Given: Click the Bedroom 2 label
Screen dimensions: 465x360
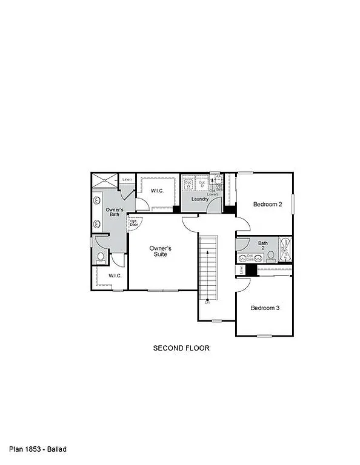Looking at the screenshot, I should (x=267, y=205).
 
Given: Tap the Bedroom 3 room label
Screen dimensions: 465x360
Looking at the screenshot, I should (x=265, y=308).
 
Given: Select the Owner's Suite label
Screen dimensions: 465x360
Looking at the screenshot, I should (x=161, y=251).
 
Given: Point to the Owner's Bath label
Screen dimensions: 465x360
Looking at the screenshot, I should (x=115, y=213).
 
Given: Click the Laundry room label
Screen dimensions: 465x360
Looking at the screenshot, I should (x=200, y=199).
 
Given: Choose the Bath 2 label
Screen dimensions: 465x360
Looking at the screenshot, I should (x=263, y=246).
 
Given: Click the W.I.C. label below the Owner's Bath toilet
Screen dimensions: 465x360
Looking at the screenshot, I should (x=115, y=276).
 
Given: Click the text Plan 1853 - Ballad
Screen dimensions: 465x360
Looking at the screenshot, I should (x=38, y=449).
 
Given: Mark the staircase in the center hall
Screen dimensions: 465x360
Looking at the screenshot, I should (x=208, y=266).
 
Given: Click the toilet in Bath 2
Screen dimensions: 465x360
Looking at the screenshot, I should (x=271, y=256).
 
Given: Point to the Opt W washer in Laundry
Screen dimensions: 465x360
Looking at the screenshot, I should (x=188, y=183).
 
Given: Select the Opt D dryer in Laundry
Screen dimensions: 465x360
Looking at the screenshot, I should (x=202, y=183).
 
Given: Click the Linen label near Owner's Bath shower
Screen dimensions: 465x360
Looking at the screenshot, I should (x=127, y=180).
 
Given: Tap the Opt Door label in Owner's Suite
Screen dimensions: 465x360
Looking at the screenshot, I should (x=134, y=222).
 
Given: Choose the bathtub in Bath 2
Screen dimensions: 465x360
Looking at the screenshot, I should (x=285, y=250).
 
